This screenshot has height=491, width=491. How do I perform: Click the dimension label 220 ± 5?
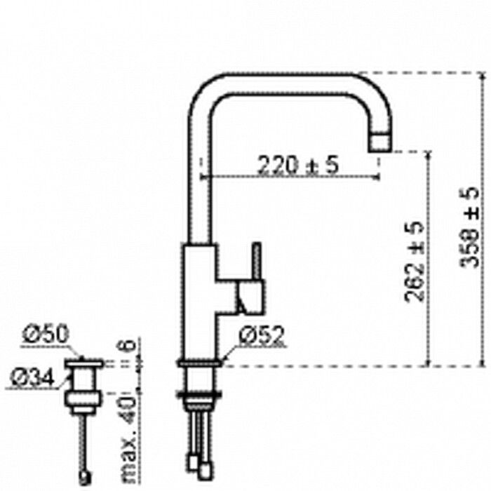297,166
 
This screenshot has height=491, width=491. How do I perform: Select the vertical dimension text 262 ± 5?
415,261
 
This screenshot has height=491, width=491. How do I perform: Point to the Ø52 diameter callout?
261,338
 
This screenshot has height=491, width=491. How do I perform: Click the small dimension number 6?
127,346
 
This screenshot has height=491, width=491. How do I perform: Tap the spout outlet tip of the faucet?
380,142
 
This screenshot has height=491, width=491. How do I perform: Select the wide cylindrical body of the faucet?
201,302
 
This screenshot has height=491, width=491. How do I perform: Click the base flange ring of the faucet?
201,363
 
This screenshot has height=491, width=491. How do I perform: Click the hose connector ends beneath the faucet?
201,463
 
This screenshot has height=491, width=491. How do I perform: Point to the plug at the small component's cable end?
85,478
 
